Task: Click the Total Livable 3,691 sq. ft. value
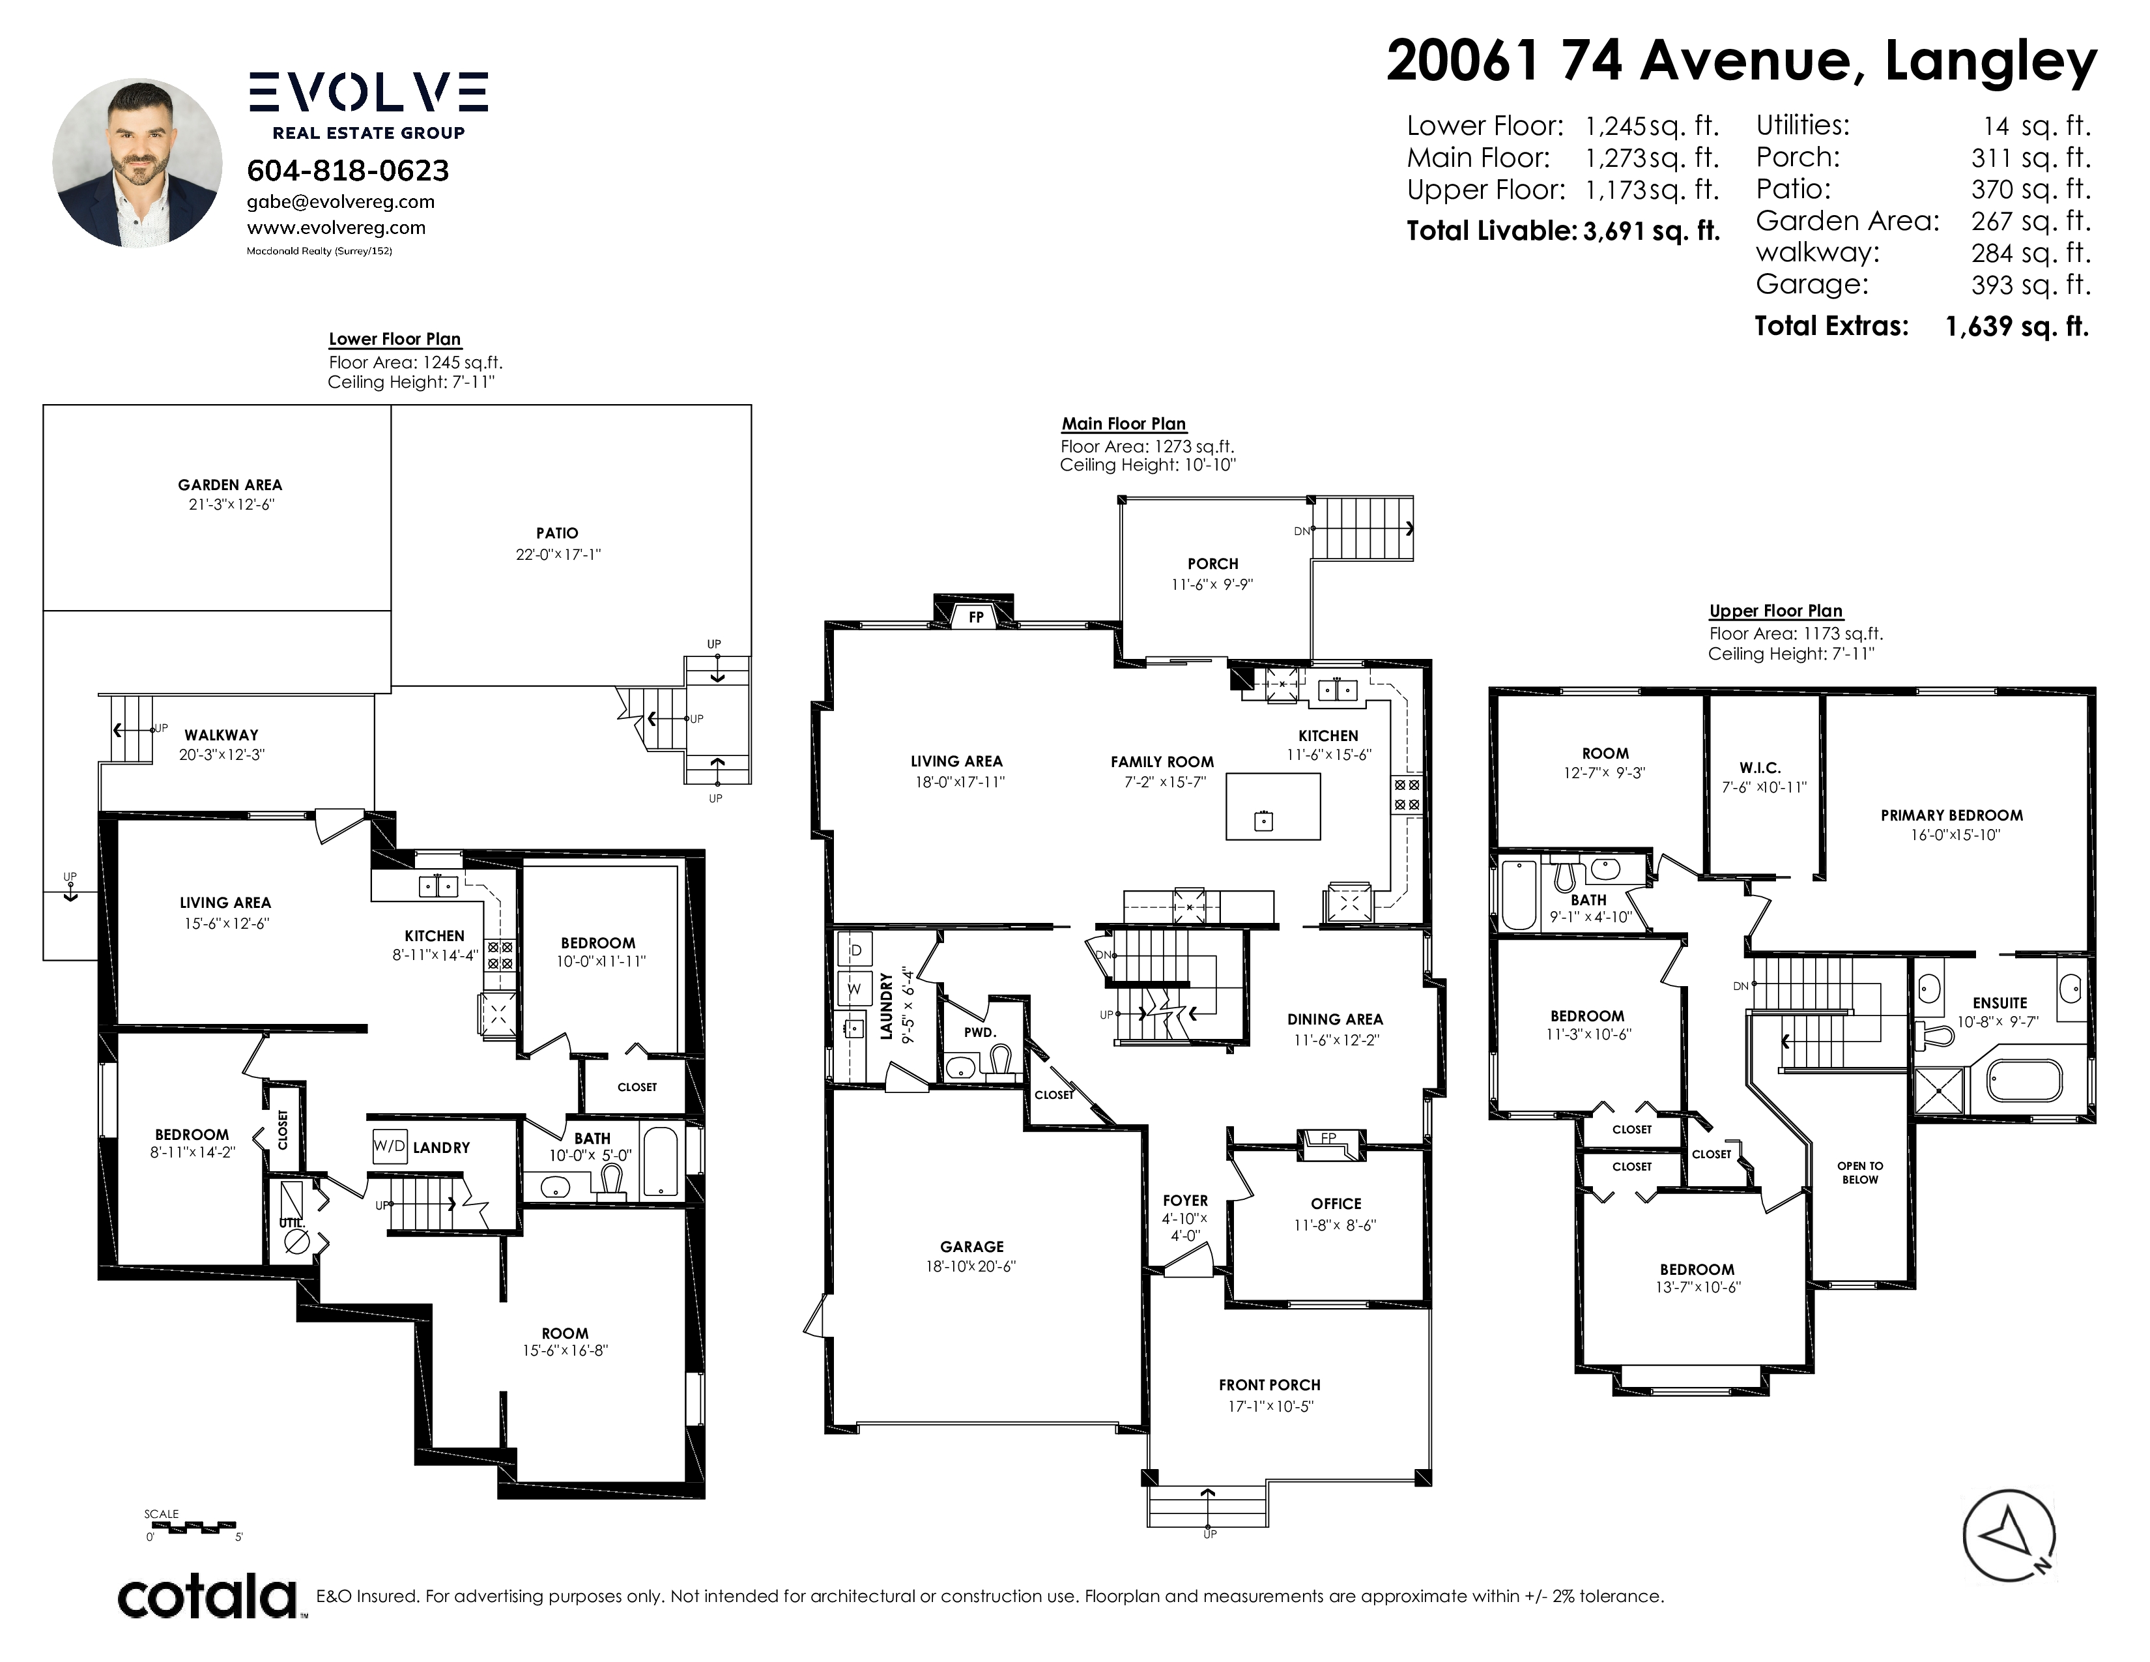pyautogui.click(x=1651, y=231)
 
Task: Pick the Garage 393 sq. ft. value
pyautogui.click(x=2030, y=285)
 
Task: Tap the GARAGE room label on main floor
pyautogui.click(x=971, y=1246)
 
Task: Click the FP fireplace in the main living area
pyautogui.click(x=975, y=615)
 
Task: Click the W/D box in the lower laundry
pyautogui.click(x=390, y=1146)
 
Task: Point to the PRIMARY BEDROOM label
pyautogui.click(x=1951, y=815)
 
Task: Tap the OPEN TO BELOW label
pyautogui.click(x=1859, y=1173)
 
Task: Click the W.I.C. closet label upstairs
pyautogui.click(x=1760, y=768)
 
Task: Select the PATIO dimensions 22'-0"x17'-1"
pyautogui.click(x=558, y=555)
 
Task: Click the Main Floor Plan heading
pyautogui.click(x=1123, y=424)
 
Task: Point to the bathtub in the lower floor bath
pyautogui.click(x=659, y=1162)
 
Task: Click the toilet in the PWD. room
pyautogui.click(x=1002, y=1060)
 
